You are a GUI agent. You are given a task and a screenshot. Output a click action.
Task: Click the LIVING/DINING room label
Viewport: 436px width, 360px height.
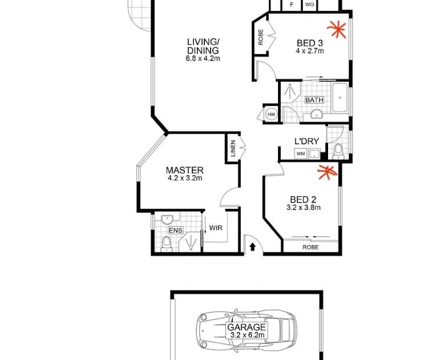203,46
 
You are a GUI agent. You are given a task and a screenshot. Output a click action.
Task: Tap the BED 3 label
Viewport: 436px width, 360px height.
309,43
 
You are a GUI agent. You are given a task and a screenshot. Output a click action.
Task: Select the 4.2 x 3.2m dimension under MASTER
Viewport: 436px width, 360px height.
184,178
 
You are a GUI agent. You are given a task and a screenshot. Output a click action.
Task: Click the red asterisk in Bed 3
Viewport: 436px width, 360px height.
336,30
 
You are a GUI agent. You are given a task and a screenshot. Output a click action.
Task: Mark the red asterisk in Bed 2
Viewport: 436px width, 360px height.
327,172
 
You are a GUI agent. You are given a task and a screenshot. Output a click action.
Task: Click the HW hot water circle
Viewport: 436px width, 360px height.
272,115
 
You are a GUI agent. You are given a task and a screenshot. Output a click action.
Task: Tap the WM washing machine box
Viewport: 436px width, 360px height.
301,154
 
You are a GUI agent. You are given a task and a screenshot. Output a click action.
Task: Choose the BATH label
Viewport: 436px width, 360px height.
314,100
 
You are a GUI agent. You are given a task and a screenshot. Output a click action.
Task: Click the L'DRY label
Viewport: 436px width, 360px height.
306,141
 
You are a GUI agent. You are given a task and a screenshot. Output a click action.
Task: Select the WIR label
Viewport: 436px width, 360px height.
215,228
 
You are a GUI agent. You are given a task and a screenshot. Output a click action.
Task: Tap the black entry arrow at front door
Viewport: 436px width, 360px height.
253,246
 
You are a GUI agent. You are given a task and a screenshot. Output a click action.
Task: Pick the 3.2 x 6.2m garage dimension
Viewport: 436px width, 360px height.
246,335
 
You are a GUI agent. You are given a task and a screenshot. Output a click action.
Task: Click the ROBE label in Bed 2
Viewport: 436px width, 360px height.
310,246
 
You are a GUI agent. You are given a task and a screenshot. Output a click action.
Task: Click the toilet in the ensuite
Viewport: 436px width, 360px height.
166,243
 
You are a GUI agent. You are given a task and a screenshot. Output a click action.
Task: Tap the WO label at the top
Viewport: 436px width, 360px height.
310,5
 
